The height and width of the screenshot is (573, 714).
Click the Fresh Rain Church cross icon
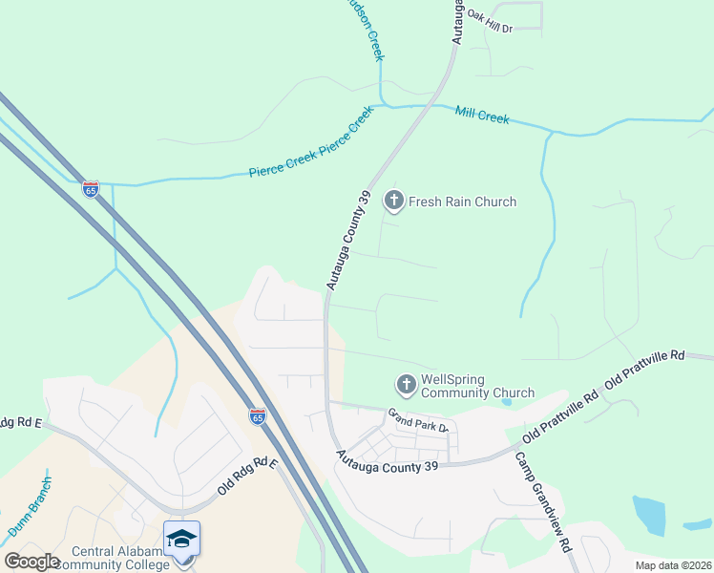(x=393, y=201)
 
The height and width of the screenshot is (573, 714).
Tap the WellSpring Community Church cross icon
(x=406, y=384)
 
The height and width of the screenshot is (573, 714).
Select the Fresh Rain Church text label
(x=462, y=202)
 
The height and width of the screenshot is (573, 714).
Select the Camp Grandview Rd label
(x=543, y=501)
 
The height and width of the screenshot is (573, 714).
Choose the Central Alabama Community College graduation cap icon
(x=181, y=539)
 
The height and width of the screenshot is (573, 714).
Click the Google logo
(x=31, y=562)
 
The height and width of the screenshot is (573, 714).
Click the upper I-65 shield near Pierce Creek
(x=91, y=189)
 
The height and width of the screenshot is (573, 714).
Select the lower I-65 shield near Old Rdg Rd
(x=258, y=416)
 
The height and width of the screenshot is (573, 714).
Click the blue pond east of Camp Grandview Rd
(x=651, y=516)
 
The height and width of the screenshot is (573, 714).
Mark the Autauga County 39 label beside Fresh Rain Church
(x=347, y=240)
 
